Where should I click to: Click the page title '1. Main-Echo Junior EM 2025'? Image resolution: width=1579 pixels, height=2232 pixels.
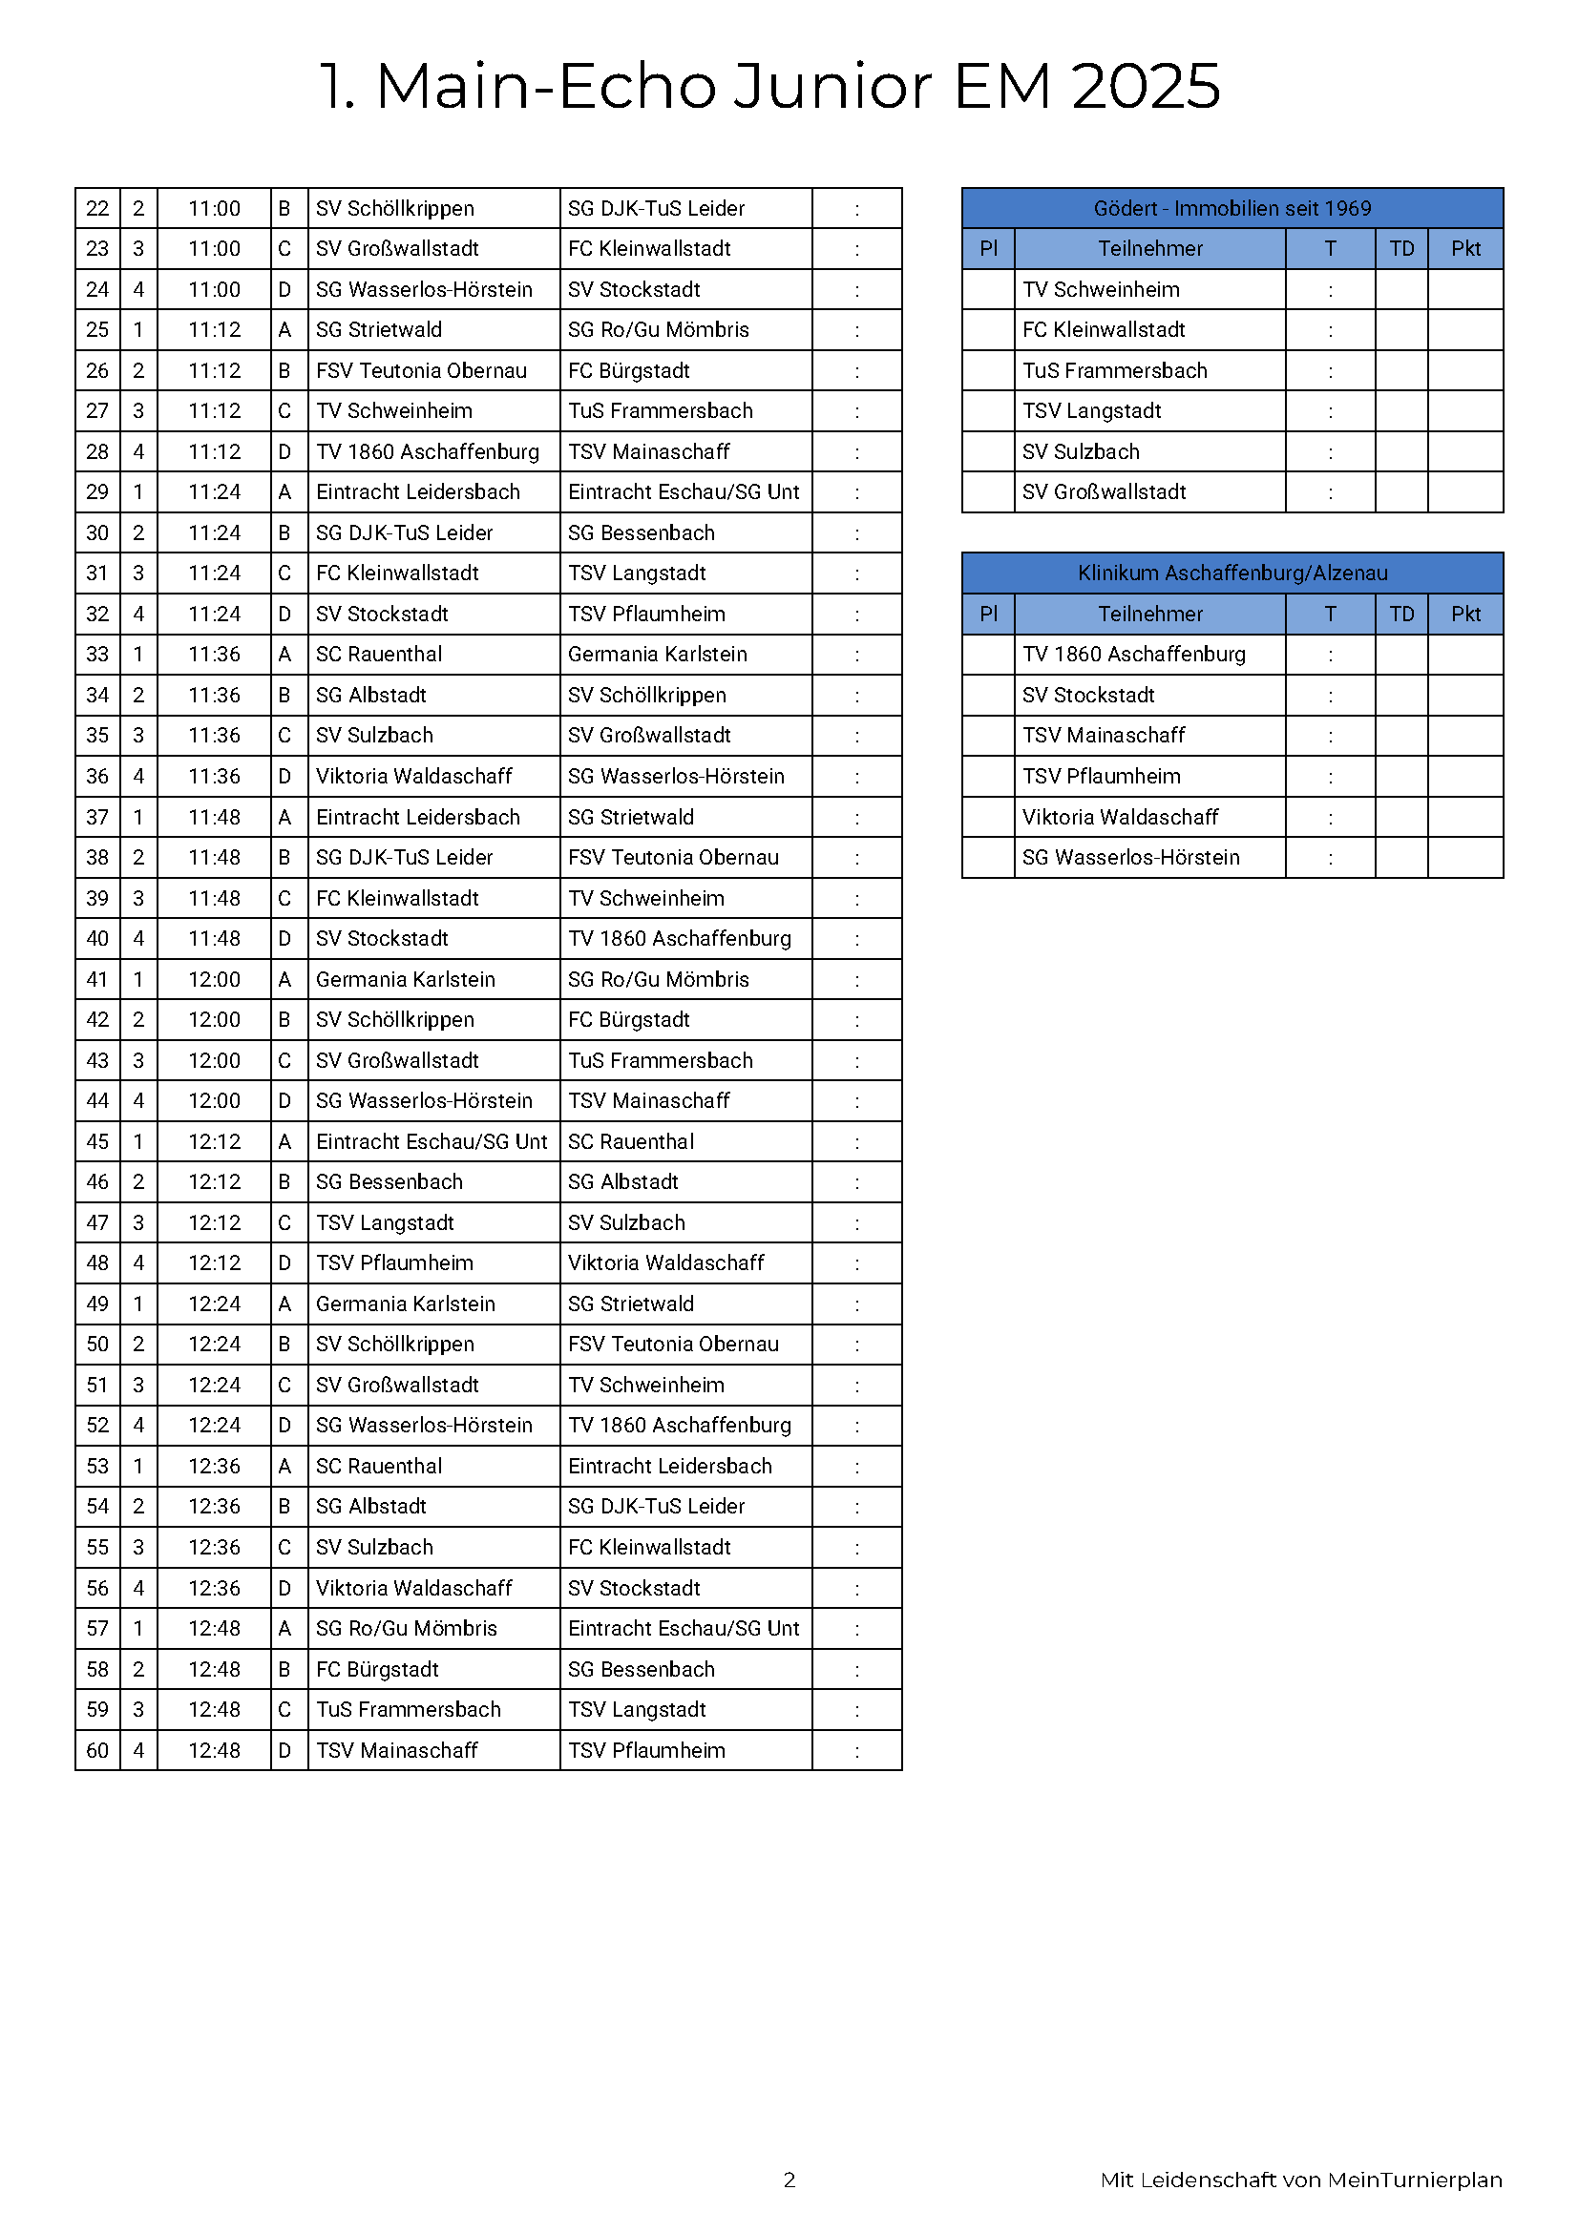[x=769, y=86]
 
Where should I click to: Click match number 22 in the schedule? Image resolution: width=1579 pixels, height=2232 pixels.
[x=97, y=208]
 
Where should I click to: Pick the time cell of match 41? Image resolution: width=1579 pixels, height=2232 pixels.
[x=214, y=979]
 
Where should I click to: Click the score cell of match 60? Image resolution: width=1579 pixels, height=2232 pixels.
[x=856, y=1750]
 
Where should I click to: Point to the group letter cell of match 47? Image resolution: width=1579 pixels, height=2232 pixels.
[x=284, y=1222]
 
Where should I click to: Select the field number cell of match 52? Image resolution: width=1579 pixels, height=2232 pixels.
[x=139, y=1425]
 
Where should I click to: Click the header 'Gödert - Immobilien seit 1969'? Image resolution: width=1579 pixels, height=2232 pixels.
[x=1232, y=208]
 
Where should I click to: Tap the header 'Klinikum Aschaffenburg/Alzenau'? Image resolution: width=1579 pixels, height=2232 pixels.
[x=1232, y=573]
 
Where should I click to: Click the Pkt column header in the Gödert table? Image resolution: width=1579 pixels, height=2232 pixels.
[x=1465, y=249]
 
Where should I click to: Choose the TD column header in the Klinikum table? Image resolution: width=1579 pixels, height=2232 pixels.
[x=1401, y=614]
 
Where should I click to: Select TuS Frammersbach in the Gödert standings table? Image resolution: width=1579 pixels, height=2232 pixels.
[x=1114, y=370]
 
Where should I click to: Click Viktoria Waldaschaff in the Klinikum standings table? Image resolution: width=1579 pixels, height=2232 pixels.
[x=1120, y=817]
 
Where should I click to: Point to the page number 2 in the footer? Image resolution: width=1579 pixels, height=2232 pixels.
[x=789, y=2180]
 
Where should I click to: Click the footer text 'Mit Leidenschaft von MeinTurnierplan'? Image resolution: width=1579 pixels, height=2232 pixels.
[x=1301, y=2180]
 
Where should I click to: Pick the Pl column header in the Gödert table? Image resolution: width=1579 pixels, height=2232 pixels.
[x=988, y=249]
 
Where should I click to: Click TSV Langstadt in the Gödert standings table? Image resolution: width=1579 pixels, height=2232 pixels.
[x=1092, y=411]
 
